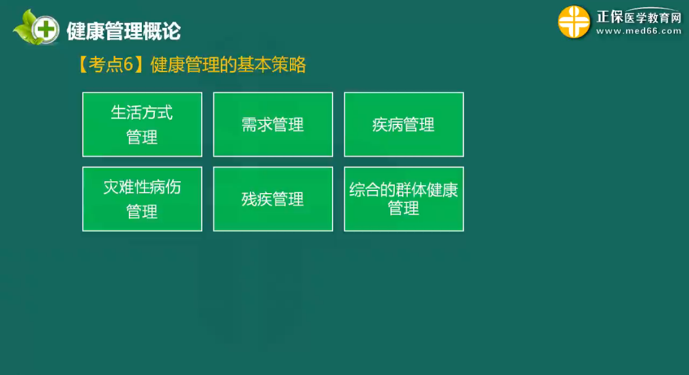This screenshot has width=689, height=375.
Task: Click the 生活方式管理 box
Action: point(142,125)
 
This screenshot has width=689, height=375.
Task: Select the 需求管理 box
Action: point(273,125)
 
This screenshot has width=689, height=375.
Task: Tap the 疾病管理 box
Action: point(404,125)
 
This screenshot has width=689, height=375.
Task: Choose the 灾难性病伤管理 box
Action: point(142,199)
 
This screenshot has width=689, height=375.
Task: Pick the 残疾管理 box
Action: point(273,199)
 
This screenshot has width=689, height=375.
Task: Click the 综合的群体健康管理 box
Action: point(404,199)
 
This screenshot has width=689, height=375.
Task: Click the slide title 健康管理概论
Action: point(123,31)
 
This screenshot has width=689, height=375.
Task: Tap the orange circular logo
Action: point(574,22)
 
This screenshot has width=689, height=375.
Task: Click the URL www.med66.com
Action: point(638,31)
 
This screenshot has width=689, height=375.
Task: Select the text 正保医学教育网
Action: point(638,17)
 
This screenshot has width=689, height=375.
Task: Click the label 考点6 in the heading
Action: point(111,65)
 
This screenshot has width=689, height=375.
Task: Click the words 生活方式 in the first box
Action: point(142,112)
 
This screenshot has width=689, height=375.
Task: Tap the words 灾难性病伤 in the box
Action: point(142,187)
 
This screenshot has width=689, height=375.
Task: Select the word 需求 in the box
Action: point(257,125)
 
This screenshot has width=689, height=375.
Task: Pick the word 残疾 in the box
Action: point(257,199)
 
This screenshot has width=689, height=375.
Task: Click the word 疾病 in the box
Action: point(387,125)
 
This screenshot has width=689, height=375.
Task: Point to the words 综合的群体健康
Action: point(404,190)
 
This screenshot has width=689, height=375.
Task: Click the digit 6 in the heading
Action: point(128,65)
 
